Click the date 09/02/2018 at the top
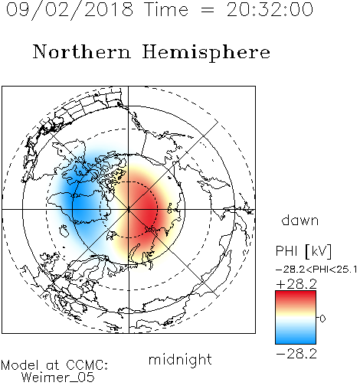[x=70, y=10]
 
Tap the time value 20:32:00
[x=270, y=10]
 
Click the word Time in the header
[x=166, y=10]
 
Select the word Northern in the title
[x=82, y=51]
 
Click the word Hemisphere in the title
[x=206, y=53]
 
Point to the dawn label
[x=300, y=220]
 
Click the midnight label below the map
[x=180, y=360]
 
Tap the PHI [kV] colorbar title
[x=303, y=251]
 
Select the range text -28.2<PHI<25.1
[x=316, y=270]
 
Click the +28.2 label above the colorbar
[x=296, y=284]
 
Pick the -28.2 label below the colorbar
[x=296, y=354]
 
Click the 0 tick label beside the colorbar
[x=322, y=319]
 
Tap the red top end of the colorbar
[x=296, y=293]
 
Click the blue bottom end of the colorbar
[x=296, y=341]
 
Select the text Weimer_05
[x=58, y=378]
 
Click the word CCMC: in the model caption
[x=87, y=365]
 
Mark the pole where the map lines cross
[x=129, y=209]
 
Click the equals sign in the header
[x=208, y=10]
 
